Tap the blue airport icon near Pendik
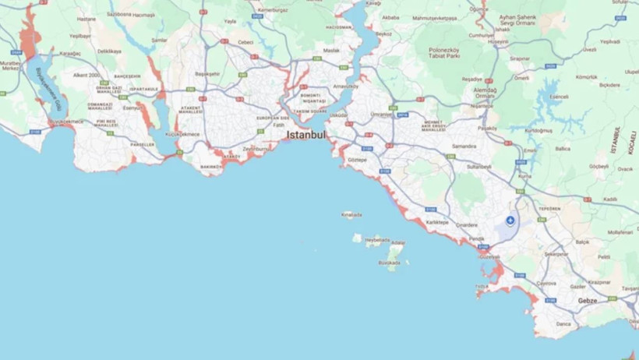click(x=510, y=221)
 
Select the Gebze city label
click(x=587, y=300)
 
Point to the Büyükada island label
click(x=390, y=263)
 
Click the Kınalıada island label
click(x=351, y=214)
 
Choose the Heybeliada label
click(x=377, y=240)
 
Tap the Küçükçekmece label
click(x=182, y=134)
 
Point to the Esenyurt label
click(x=133, y=108)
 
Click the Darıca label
click(x=563, y=323)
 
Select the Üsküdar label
click(x=337, y=115)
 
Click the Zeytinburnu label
click(x=255, y=148)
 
